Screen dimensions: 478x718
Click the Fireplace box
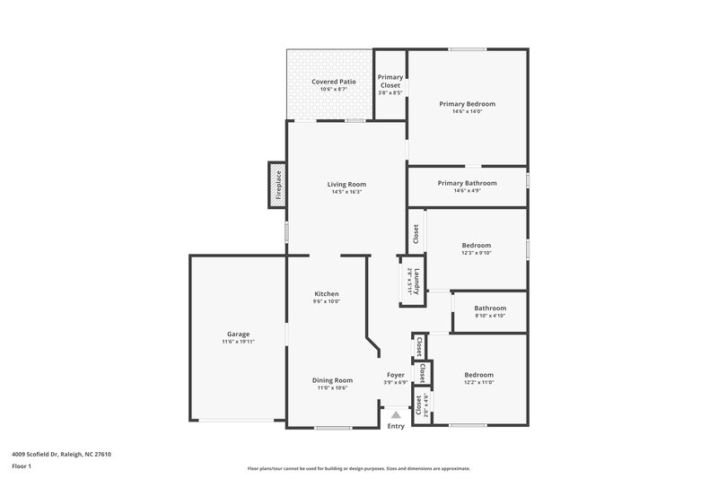point(277,185)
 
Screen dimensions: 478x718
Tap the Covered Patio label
point(334,82)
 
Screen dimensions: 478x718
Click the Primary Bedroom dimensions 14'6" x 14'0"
point(467,112)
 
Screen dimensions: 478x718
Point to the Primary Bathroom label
point(467,183)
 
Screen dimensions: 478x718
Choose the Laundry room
point(413,281)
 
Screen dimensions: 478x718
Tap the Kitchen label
point(327,294)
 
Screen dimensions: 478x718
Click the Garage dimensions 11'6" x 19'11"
point(238,342)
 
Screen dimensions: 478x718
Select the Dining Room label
point(332,379)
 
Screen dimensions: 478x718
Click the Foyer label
point(396,375)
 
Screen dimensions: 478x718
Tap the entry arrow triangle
point(396,415)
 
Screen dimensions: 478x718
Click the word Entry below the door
point(396,426)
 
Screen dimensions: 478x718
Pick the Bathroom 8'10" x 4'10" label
point(490,309)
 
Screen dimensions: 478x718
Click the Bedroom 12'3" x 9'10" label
point(477,246)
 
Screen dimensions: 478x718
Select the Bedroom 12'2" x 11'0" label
point(478,375)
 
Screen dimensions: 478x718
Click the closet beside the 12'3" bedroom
point(416,233)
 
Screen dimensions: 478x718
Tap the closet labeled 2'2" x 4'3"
point(420,405)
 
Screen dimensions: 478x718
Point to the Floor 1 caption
point(22,466)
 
